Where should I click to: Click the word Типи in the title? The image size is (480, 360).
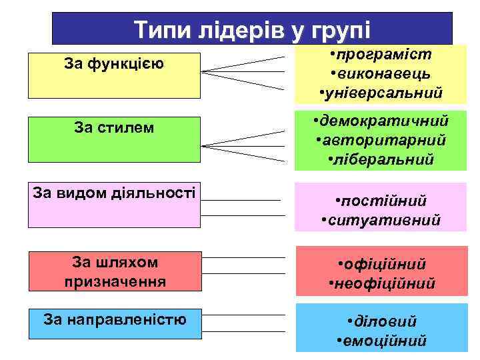[x=158, y=30]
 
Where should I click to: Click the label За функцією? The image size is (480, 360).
[x=115, y=64]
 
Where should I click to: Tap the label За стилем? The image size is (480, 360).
[x=115, y=127]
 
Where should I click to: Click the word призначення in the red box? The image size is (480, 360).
[x=115, y=281]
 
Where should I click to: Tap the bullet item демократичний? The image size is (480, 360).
[x=385, y=121]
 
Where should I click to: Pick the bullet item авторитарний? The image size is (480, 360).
[x=385, y=140]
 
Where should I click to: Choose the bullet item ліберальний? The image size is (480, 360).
[x=386, y=159]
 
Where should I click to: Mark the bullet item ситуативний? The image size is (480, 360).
[x=385, y=219]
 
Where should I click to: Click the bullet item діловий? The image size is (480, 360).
[x=385, y=321]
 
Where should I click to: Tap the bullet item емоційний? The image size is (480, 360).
[x=385, y=341]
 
